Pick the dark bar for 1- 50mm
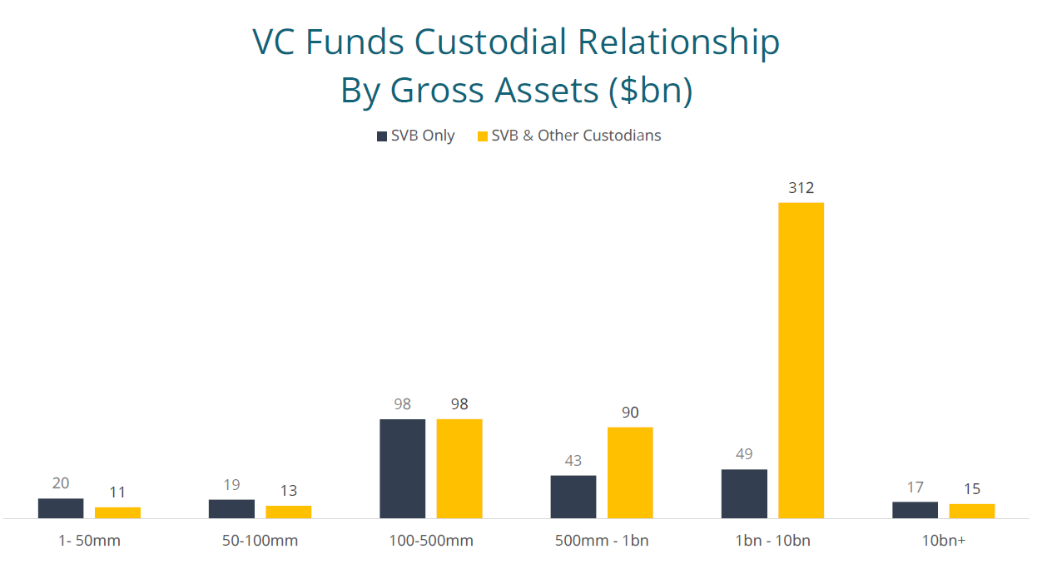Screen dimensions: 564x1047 [61, 508]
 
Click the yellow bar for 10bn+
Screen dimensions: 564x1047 [971, 511]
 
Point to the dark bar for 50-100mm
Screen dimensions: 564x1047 [231, 508]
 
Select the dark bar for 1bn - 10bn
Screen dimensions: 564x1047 [744, 493]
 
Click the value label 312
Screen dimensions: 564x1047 [801, 188]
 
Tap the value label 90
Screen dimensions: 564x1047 [630, 413]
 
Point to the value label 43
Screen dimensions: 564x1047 [573, 461]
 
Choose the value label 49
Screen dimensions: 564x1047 [744, 454]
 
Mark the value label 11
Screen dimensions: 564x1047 [117, 492]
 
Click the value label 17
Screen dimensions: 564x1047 [915, 487]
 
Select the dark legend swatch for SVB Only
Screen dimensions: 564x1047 [382, 136]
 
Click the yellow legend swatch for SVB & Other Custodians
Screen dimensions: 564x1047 [482, 136]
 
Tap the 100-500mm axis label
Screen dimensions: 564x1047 [431, 541]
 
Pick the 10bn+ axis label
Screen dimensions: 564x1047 [944, 541]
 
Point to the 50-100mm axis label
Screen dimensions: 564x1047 [260, 541]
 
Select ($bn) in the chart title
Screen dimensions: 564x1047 [650, 91]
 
